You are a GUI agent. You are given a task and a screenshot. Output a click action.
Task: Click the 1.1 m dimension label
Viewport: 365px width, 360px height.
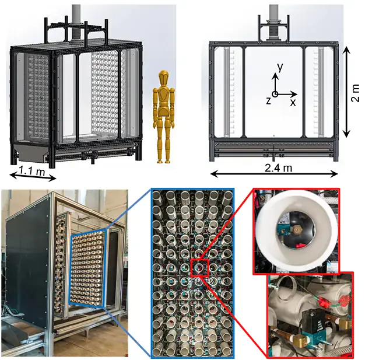[x=32, y=172]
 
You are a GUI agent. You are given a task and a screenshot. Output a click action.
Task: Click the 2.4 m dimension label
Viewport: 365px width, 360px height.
[x=278, y=167]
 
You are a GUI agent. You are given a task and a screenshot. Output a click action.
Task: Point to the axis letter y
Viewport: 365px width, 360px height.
[x=280, y=67]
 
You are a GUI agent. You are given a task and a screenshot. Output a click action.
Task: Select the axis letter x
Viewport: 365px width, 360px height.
[x=293, y=102]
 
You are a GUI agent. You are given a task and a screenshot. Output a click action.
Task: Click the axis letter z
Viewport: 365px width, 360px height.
[x=268, y=101]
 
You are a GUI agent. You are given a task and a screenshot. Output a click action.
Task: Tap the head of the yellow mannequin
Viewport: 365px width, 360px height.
[x=164, y=78]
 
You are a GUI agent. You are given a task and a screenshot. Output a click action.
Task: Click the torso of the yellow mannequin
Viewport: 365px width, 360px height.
[x=164, y=102]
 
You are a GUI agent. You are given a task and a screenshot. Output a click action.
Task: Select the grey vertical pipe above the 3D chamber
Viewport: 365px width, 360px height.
[x=76, y=23]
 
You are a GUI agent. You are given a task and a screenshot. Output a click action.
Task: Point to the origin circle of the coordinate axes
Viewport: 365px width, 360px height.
[x=275, y=95]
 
